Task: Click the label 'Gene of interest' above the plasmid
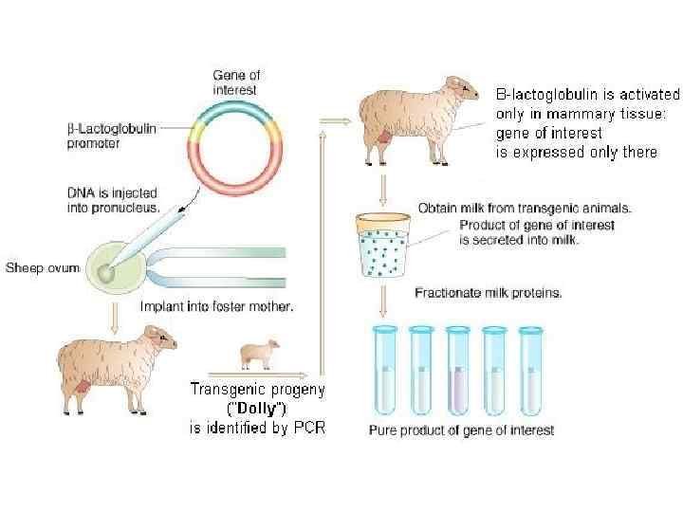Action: (235, 82)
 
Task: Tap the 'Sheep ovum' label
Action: (44, 267)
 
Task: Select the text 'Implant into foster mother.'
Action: (216, 306)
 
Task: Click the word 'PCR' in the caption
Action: (308, 428)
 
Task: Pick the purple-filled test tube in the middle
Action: (458, 371)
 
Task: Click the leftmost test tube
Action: (384, 371)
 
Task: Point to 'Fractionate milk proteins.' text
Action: (488, 293)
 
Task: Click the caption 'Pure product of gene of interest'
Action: (461, 430)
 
